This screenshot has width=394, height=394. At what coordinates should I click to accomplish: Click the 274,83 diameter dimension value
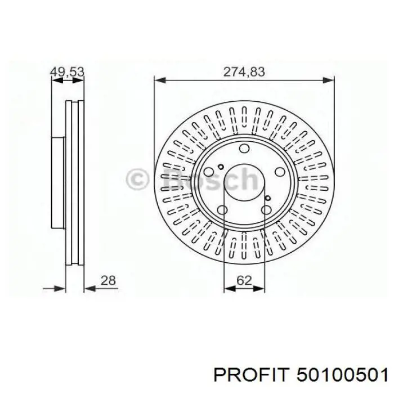(x=244, y=72)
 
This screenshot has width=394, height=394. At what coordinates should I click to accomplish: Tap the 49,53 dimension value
(x=67, y=72)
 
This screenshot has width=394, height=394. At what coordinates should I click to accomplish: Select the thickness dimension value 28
(x=108, y=280)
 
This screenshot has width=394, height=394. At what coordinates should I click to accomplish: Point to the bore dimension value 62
(x=244, y=280)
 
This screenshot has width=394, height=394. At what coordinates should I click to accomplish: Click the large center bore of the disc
(x=244, y=182)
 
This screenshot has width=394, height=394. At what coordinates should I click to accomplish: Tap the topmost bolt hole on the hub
(x=244, y=148)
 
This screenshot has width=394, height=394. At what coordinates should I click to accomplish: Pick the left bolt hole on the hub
(x=209, y=172)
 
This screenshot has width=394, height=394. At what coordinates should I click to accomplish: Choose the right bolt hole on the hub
(x=280, y=172)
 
